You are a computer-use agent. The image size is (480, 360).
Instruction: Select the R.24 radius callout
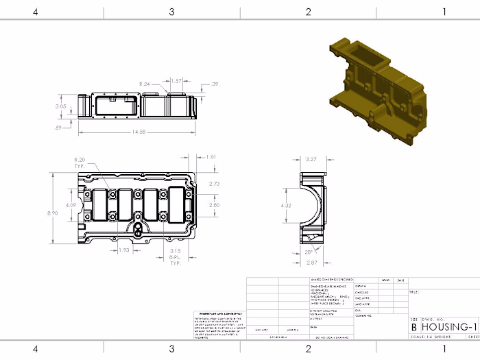point(145,84)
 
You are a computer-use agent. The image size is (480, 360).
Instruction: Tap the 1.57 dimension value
point(176,81)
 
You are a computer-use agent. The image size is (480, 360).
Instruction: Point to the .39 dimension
point(215,84)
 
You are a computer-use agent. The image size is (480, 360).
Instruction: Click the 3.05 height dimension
point(61,106)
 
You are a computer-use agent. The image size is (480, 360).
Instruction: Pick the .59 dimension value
point(59,128)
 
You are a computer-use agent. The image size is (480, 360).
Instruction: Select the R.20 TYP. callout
point(81,163)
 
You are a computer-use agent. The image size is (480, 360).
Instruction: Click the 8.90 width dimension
point(52,213)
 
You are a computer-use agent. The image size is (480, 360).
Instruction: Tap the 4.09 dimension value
point(71,204)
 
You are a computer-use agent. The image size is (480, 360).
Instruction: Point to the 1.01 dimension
point(211,157)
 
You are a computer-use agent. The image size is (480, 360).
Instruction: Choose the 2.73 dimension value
point(214,184)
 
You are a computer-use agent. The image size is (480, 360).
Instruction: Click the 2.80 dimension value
point(214,205)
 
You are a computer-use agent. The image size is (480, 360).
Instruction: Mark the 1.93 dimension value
point(125,250)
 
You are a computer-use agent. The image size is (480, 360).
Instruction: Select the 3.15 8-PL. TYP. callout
point(175,256)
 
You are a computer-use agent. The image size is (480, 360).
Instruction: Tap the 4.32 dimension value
point(287,206)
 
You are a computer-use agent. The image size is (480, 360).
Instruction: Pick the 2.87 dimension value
point(312,263)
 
